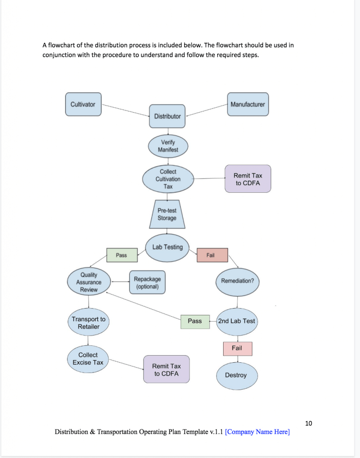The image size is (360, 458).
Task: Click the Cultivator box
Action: pyautogui.click(x=83, y=104)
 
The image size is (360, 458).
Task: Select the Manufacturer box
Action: pyautogui.click(x=248, y=104)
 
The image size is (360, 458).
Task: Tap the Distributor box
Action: pyautogui.click(x=167, y=116)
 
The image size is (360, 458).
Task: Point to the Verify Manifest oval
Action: pyautogui.click(x=168, y=146)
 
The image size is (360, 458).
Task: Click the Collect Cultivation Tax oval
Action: pyautogui.click(x=168, y=179)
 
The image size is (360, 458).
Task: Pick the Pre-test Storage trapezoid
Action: pyautogui.click(x=167, y=214)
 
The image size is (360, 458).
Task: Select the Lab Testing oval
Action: pyautogui.click(x=167, y=248)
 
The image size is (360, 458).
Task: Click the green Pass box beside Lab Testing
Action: pyautogui.click(x=122, y=255)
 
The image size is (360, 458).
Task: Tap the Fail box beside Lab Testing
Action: pyautogui.click(x=212, y=255)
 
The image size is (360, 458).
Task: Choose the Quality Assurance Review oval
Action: pyautogui.click(x=89, y=282)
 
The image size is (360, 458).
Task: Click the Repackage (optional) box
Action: pyautogui.click(x=147, y=282)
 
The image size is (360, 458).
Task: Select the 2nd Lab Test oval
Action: pyautogui.click(x=237, y=322)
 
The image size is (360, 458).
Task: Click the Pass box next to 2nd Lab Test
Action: pyautogui.click(x=195, y=322)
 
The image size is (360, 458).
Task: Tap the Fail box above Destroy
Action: pyautogui.click(x=237, y=348)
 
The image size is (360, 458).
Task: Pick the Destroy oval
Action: pyautogui.click(x=237, y=376)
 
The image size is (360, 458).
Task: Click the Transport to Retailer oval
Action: pyautogui.click(x=89, y=322)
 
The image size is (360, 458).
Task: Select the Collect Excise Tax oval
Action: pyautogui.click(x=88, y=359)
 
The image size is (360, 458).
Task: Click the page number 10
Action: pyautogui.click(x=309, y=423)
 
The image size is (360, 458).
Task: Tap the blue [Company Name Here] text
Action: pyautogui.click(x=257, y=432)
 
